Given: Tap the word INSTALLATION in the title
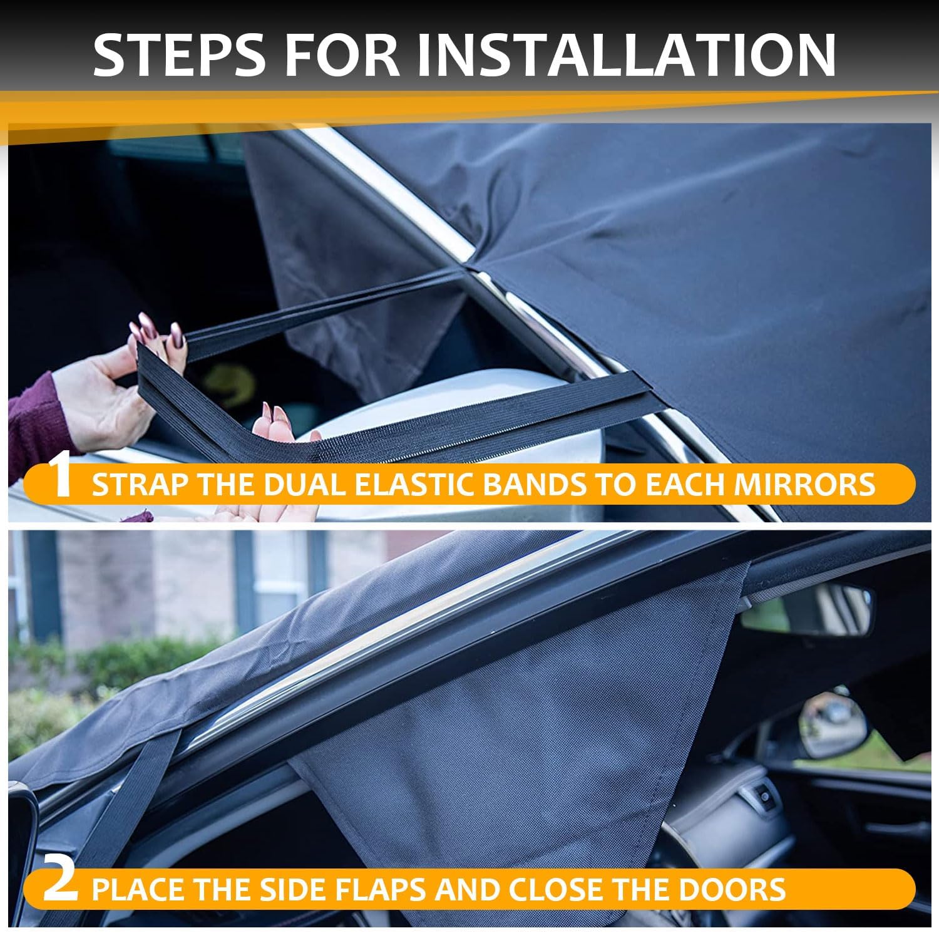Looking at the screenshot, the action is click(x=626, y=54).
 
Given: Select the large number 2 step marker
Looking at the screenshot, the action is click(x=61, y=884).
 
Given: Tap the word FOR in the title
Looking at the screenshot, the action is click(x=341, y=54).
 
